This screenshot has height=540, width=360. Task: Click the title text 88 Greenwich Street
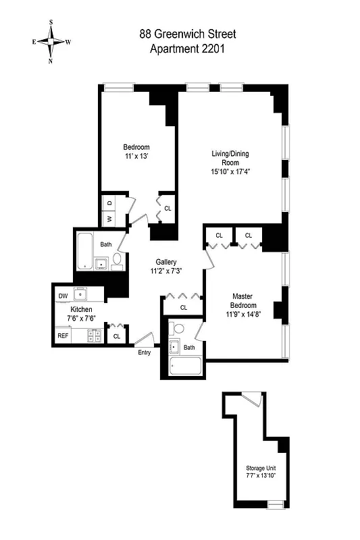point(188,34)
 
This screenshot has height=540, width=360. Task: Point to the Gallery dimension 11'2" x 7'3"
point(166,271)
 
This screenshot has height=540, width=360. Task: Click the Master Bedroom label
point(242,301)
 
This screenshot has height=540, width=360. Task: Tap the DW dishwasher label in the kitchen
point(63,296)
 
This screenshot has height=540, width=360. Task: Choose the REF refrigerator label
point(63,335)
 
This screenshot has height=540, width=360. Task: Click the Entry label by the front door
point(145,352)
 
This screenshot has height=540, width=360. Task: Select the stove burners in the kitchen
point(95,333)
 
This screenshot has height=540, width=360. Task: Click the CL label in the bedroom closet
point(168,209)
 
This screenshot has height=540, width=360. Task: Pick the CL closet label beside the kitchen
point(117,336)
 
